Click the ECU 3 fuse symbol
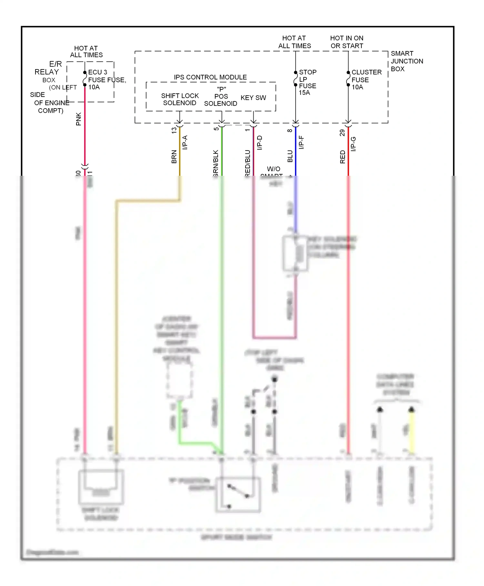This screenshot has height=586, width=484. [85, 79]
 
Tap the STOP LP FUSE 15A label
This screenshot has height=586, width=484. [307, 82]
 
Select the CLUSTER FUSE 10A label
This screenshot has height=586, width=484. [366, 79]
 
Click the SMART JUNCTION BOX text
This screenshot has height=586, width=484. [406, 61]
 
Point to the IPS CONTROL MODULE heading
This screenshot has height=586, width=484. [210, 77]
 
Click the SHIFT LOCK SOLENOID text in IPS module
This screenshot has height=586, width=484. [180, 99]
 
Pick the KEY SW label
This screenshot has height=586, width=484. [253, 98]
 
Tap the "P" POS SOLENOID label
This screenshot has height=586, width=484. [221, 97]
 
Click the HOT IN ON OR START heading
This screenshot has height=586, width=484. [347, 42]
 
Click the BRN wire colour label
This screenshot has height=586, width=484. [174, 156]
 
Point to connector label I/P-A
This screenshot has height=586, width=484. [185, 142]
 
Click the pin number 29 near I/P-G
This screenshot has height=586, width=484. [342, 132]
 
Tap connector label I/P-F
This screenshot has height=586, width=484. [301, 142]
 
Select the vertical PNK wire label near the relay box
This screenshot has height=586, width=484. [78, 119]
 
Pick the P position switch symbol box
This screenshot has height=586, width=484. [238, 495]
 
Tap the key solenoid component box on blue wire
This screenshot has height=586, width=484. [295, 254]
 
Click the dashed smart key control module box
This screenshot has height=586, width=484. [179, 381]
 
